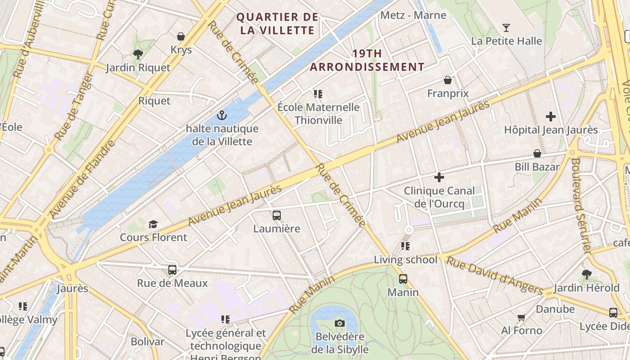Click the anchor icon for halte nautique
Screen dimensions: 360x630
point(221,116)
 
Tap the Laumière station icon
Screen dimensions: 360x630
point(277,216)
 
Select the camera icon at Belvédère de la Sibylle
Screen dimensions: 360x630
point(340,323)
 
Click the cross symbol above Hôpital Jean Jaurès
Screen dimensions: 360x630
point(551,117)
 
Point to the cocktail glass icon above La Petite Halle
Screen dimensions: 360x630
point(506,28)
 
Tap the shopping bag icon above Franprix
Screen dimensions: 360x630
point(448,80)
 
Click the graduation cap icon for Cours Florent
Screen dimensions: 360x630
point(153,224)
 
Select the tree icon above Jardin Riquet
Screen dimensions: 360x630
point(138,54)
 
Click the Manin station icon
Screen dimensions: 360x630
point(403,279)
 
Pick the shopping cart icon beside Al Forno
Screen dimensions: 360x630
point(522,318)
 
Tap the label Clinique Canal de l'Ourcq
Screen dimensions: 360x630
point(439,197)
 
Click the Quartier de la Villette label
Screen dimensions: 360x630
point(277,24)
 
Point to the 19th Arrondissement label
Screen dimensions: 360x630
point(367,60)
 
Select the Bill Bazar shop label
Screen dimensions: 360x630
point(537,167)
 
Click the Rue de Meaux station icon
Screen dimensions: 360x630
point(172,270)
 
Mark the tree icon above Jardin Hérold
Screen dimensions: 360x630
point(586,274)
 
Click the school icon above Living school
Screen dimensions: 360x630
point(405,246)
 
